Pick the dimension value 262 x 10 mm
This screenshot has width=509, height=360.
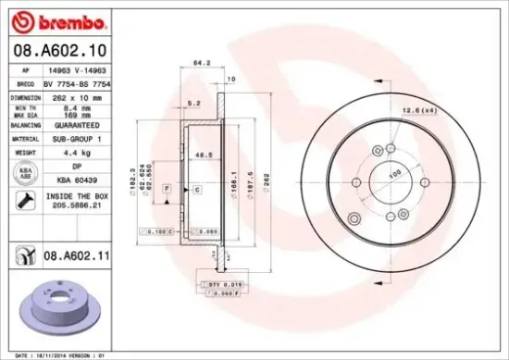click(68, 96)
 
